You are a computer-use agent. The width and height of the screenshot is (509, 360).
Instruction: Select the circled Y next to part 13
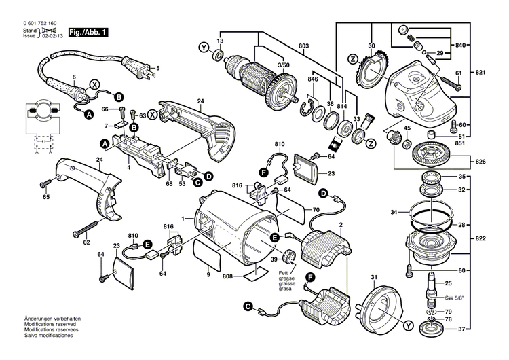click(202, 47)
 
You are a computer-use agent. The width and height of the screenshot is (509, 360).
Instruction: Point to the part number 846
click(313, 80)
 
